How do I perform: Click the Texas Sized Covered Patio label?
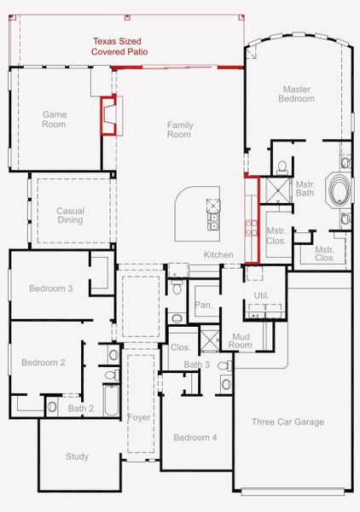(119, 46)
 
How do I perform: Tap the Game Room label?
(55, 119)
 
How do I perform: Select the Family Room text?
(179, 130)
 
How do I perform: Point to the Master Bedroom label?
(296, 93)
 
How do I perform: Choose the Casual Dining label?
(70, 215)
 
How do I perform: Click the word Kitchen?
(218, 255)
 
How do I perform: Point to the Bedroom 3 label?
(50, 288)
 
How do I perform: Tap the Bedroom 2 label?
(44, 363)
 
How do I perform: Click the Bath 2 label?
(81, 408)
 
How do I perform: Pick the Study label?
(77, 457)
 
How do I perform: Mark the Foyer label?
(139, 417)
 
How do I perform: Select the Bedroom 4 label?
(195, 438)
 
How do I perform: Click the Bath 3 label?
(197, 365)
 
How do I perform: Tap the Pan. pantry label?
(203, 305)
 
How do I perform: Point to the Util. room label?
(261, 295)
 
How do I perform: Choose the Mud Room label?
(241, 340)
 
